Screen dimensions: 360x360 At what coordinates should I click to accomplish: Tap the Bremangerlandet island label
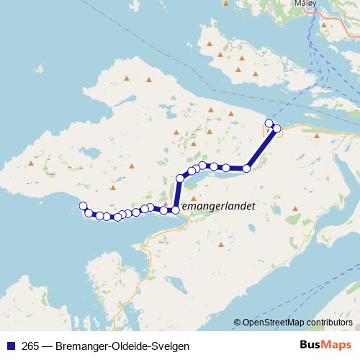click(217, 205)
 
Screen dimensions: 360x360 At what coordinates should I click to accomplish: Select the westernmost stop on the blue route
click(83, 206)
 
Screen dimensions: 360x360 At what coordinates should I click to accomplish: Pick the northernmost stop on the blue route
click(269, 123)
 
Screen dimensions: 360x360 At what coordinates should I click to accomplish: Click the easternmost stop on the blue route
click(276, 128)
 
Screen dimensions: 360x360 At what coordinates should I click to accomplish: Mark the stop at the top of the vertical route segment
click(180, 179)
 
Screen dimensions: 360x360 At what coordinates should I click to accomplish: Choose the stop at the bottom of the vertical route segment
click(176, 210)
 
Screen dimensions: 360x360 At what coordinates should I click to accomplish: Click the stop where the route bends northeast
click(246, 168)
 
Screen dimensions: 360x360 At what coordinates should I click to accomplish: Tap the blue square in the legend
click(10, 346)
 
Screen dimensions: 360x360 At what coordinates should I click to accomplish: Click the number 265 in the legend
click(31, 346)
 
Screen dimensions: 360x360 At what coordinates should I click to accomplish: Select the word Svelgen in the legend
click(171, 346)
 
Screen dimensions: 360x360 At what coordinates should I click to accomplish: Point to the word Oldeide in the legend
click(128, 346)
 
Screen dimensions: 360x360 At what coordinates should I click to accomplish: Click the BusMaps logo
click(322, 345)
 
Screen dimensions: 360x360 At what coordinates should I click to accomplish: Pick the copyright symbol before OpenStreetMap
click(237, 323)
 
